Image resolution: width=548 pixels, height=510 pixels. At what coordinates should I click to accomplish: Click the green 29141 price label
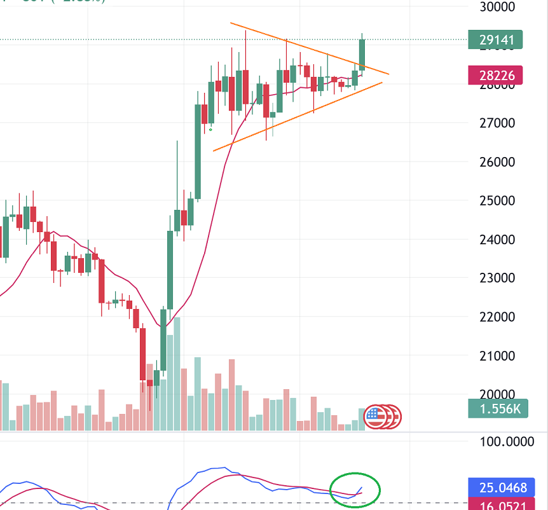(x=495, y=39)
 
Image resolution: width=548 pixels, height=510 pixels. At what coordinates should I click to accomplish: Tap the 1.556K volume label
(x=495, y=409)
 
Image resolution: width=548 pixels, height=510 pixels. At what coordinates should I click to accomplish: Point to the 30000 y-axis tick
(x=496, y=7)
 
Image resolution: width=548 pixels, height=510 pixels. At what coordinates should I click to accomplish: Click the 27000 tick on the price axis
(x=496, y=123)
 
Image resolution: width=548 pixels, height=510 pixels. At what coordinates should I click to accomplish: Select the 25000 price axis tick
(x=496, y=200)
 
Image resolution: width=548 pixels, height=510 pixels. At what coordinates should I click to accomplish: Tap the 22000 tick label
(x=496, y=317)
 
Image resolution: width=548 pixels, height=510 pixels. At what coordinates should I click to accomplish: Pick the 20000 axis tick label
(x=496, y=394)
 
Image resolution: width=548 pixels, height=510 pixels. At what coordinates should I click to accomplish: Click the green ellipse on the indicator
(x=355, y=490)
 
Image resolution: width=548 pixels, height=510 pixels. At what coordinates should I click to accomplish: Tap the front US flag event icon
(x=375, y=417)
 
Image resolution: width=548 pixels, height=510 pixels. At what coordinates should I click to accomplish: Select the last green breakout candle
(x=362, y=54)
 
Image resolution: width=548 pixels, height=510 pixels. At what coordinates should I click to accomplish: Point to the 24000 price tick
(x=496, y=239)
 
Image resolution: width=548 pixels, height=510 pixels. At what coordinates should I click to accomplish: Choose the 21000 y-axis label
(x=496, y=355)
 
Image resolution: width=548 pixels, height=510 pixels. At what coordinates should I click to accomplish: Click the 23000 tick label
(x=496, y=278)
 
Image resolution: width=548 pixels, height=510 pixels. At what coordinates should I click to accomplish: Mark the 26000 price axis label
(x=496, y=162)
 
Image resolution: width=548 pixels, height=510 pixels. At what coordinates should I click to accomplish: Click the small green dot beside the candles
(x=211, y=129)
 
